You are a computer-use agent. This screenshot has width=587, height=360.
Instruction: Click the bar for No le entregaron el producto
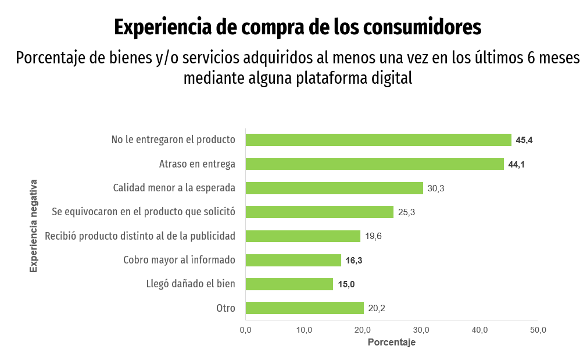378,140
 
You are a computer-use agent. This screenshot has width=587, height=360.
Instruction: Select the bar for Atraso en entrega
375,164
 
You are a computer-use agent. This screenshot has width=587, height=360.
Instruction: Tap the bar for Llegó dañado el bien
289,284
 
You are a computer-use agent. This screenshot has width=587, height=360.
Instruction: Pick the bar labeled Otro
305,308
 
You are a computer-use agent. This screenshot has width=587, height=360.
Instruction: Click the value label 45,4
524,140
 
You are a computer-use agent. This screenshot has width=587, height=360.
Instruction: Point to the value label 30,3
436,188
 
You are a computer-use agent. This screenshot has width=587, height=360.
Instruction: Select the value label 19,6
373,236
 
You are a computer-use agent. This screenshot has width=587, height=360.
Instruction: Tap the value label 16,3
354,261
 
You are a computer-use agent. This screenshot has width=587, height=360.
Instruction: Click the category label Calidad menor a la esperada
174,188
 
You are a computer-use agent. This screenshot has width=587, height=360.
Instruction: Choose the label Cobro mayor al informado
179,260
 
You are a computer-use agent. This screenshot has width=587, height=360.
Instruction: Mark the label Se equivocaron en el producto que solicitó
144,212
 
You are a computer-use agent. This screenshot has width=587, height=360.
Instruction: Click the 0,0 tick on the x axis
245,330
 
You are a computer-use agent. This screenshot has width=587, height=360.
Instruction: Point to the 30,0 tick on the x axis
421,330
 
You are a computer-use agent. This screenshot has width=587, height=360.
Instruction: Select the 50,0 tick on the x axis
538,330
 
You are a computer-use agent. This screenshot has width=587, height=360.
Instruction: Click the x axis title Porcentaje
392,343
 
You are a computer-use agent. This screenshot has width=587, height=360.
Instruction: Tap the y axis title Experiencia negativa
34,226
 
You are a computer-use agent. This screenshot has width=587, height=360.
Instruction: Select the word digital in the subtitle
391,78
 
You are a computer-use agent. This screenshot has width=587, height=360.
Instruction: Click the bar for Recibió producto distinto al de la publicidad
303,236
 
